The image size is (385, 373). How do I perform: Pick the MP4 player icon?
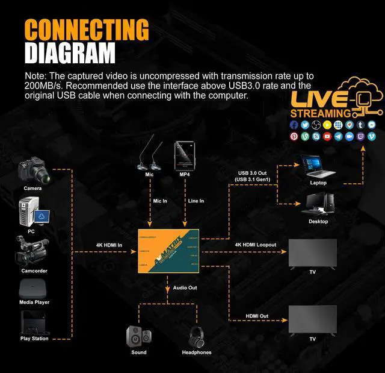click(x=184, y=156)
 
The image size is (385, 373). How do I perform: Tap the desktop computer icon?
click(x=318, y=204)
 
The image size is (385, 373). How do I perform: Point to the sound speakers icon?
click(x=139, y=336)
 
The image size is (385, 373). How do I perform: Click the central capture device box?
click(x=169, y=250)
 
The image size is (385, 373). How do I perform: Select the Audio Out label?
click(x=185, y=288)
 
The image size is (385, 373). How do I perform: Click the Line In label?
click(x=196, y=201)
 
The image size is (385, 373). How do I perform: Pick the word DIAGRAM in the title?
click(x=70, y=53)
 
